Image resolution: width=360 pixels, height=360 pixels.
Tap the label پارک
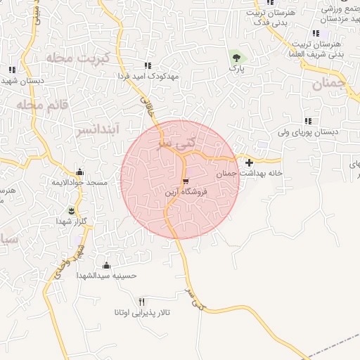pos(238,70)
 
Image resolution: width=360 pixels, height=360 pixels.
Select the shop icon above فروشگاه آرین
pos(186,181)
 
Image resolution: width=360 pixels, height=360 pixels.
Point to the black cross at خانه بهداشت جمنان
pos(250,162)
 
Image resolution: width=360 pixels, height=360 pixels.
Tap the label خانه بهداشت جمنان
pos(249,173)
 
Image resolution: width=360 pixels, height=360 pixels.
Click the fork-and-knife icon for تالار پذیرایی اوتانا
pos(142,301)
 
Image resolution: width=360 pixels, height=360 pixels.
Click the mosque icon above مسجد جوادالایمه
pos(79,172)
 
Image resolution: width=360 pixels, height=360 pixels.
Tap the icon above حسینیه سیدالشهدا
pos(106,265)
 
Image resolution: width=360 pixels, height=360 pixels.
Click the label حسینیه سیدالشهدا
pos(105,276)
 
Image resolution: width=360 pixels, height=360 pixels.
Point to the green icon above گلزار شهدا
pos(71,210)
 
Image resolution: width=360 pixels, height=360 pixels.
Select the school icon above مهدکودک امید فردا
pos(148,65)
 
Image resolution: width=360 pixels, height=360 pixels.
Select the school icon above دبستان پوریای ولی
pos(308,121)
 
